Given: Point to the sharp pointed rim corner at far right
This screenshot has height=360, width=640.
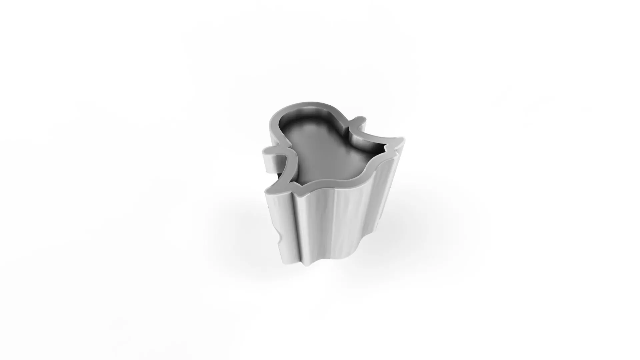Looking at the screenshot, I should [404, 139].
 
